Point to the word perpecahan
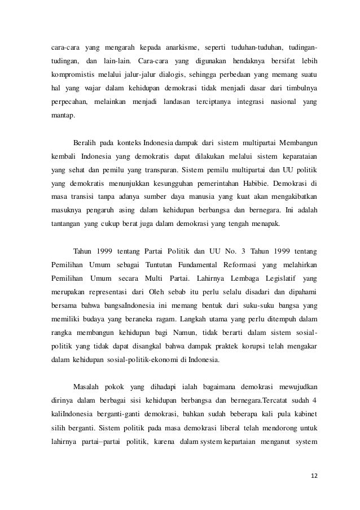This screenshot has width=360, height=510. click(63, 103)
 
